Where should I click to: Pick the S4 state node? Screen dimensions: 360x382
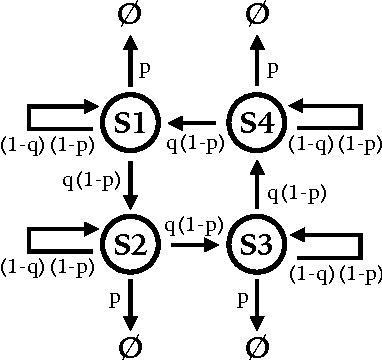point(257,123)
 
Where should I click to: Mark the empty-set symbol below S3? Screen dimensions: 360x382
point(257,346)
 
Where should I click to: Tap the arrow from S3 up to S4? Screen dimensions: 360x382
point(257,182)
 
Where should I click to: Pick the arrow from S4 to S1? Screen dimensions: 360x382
point(193,123)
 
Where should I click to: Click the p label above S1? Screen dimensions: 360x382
point(144,71)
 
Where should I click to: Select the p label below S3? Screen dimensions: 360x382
point(243,298)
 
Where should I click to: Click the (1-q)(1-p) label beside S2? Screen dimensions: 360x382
point(49,267)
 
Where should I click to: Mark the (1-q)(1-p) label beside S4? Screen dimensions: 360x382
point(334,146)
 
